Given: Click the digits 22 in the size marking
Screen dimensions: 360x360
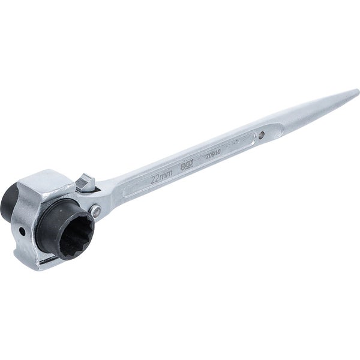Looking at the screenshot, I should (x=155, y=179).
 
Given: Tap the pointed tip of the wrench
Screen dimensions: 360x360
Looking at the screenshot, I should (x=356, y=92).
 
